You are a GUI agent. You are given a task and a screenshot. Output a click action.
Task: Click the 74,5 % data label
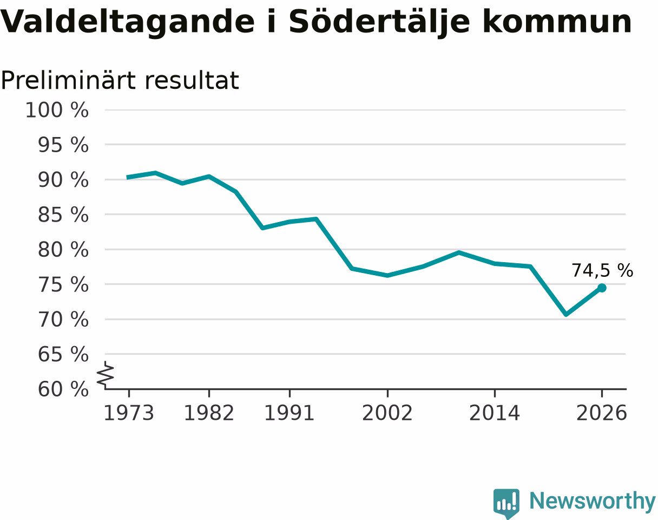pyautogui.click(x=602, y=270)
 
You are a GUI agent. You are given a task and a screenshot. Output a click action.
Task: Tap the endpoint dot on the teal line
pyautogui.click(x=602, y=288)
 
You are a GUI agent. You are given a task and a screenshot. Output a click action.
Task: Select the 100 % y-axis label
pyautogui.click(x=57, y=110)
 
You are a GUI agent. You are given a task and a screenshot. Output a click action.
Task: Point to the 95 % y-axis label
pyautogui.click(x=63, y=145)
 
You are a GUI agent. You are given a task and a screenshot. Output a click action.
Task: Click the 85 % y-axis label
pyautogui.click(x=63, y=214)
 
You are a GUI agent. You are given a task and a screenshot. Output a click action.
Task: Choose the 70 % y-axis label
pyautogui.click(x=63, y=320)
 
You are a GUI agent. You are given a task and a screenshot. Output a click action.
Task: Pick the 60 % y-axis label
pyautogui.click(x=63, y=389)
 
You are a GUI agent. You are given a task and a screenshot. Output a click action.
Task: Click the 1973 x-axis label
pyautogui.click(x=129, y=413)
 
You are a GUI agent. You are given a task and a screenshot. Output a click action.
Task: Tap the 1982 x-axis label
pyautogui.click(x=209, y=413)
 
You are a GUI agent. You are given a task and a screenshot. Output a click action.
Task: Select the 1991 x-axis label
pyautogui.click(x=289, y=413)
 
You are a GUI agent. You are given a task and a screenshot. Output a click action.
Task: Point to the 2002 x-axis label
pyautogui.click(x=387, y=413)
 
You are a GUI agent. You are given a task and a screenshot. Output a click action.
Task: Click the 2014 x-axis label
pyautogui.click(x=495, y=413)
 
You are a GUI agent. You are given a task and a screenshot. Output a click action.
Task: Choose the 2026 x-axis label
pyautogui.click(x=601, y=413)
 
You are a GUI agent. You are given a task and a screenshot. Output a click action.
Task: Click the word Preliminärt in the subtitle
pyautogui.click(x=68, y=81)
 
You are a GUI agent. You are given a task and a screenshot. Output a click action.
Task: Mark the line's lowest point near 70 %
pyautogui.click(x=566, y=314)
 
